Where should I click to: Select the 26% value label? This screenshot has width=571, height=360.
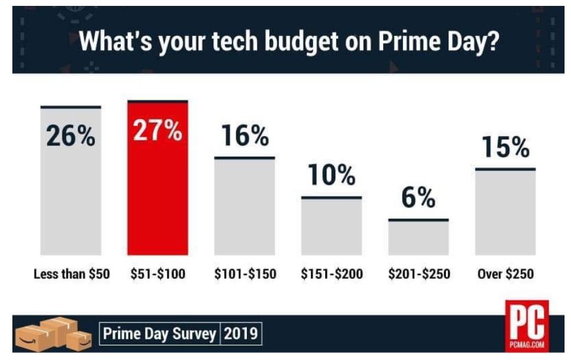tap(71, 137)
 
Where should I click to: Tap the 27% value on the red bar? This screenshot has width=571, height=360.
tap(157, 131)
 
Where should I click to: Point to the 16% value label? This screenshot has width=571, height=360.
tap(245, 137)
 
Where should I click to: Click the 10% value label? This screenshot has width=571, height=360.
tap(332, 176)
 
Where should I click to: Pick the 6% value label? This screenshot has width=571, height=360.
tap(418, 199)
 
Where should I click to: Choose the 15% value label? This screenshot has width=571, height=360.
tap(505, 148)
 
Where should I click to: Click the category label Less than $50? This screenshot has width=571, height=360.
tap(71, 274)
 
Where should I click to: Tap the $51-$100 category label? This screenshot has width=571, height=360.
tap(157, 274)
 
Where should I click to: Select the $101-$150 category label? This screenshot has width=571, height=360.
tap(245, 274)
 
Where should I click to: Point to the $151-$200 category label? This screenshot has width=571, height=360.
tap(332, 274)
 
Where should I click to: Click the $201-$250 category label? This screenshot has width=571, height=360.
tap(418, 274)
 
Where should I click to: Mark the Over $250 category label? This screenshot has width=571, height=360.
tap(505, 274)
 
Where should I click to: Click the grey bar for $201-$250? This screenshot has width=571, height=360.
tap(418, 238)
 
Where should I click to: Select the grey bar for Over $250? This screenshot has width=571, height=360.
tap(505, 212)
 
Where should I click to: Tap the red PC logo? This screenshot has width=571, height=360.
tap(526, 325)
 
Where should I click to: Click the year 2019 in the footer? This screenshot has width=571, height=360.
tap(241, 334)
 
